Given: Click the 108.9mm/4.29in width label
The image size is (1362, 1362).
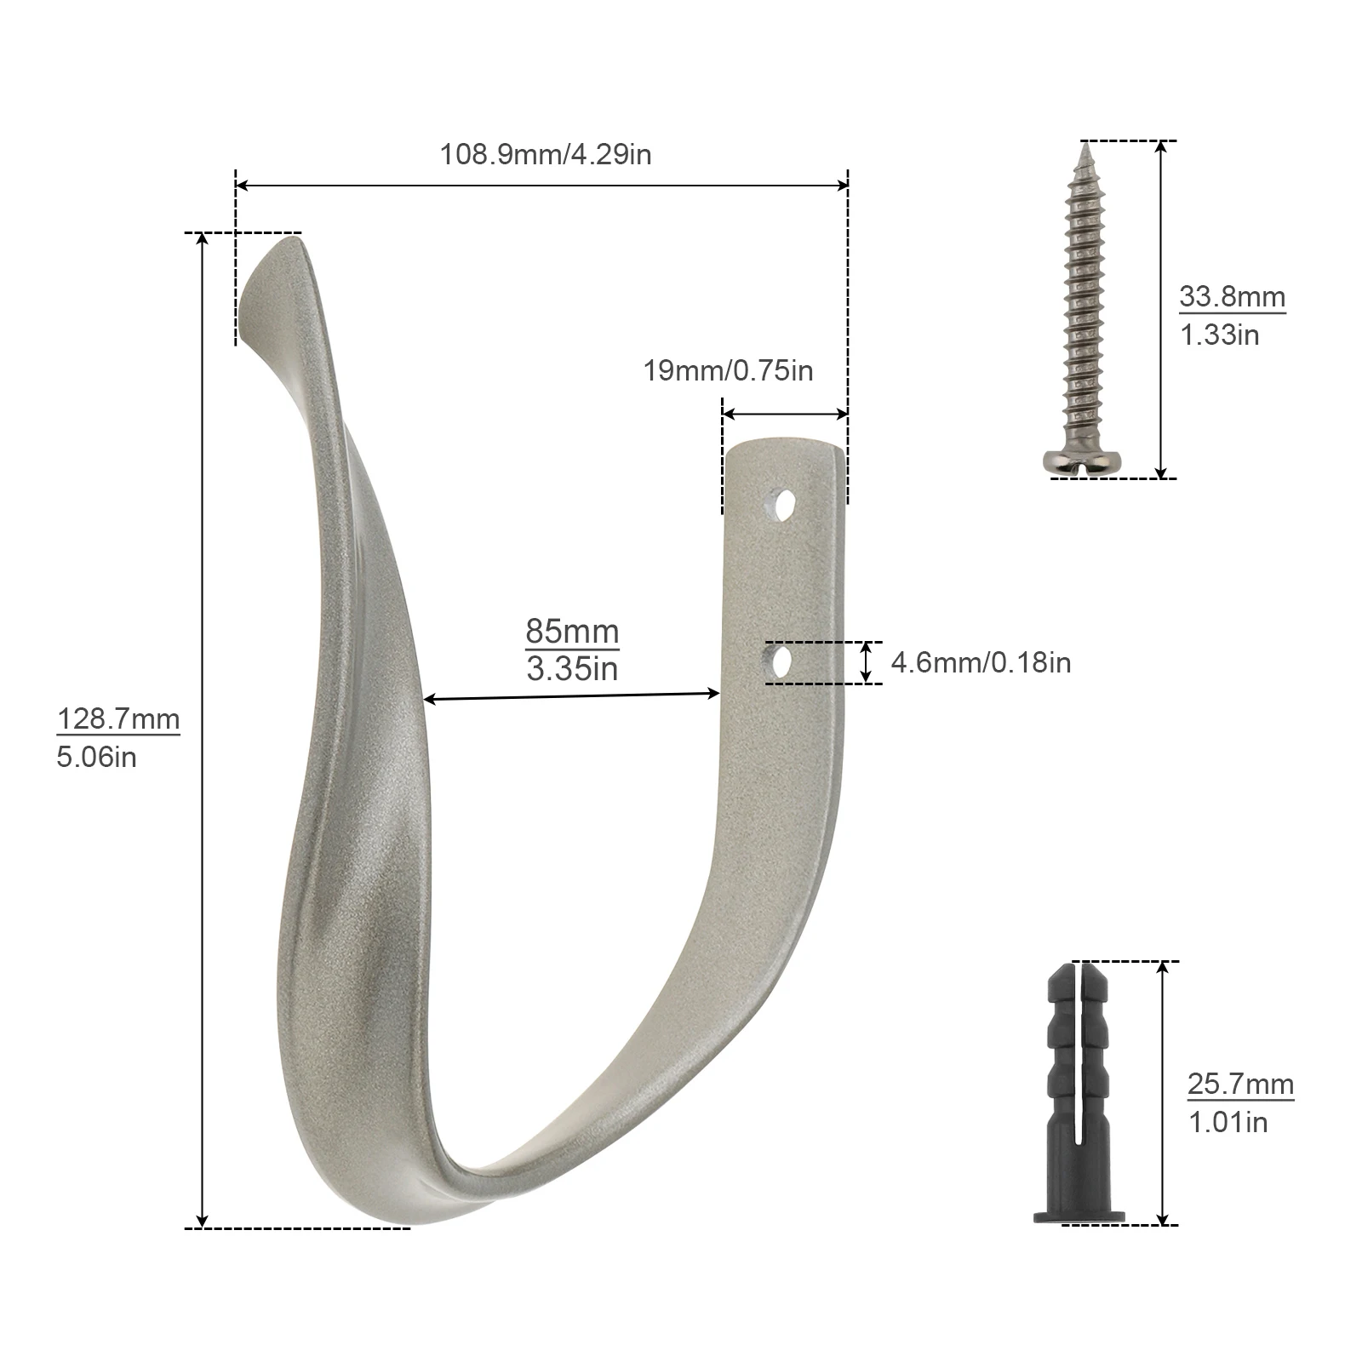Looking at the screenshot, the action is click(545, 154).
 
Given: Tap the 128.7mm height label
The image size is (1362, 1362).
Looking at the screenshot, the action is click(118, 719).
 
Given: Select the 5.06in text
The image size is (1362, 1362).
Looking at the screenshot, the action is click(96, 757).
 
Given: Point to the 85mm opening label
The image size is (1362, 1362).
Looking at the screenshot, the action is click(572, 632).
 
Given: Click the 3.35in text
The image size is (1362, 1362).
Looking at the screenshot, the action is click(572, 669).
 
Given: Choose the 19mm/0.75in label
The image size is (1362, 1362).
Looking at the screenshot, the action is click(728, 370).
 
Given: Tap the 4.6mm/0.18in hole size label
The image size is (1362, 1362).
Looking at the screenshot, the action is click(981, 662).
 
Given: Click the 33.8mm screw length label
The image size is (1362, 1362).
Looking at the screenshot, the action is click(1232, 297).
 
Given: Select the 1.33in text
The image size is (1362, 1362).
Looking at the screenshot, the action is click(1219, 335).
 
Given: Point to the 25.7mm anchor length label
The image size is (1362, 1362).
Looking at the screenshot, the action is click(1240, 1084).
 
